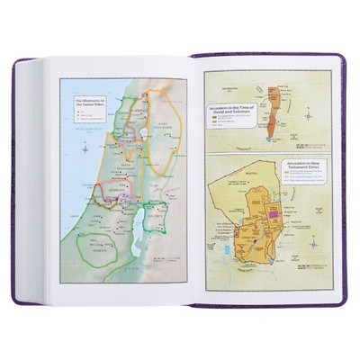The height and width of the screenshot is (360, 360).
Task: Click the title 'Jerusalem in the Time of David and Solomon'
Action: pyautogui.click(x=239, y=109)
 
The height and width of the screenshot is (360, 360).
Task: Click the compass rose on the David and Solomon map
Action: pyautogui.click(x=309, y=114)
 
